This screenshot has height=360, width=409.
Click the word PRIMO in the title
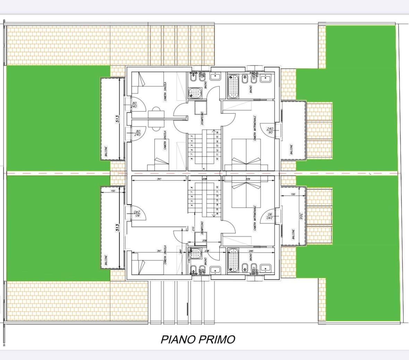(x=217, y=339)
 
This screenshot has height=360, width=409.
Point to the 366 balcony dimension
(x=301, y=216)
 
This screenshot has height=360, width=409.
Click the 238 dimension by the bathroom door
(x=207, y=251)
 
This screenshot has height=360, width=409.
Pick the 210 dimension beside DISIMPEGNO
(x=193, y=229)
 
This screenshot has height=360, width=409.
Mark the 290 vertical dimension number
(x=181, y=252)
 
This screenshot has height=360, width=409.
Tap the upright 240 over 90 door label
(x=270, y=131)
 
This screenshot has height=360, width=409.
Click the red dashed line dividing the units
(x=69, y=173)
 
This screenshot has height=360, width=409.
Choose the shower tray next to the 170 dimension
(x=196, y=253)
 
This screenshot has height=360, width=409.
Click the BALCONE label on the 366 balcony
(x=293, y=234)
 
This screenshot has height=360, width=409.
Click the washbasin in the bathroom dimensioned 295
(x=266, y=268)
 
